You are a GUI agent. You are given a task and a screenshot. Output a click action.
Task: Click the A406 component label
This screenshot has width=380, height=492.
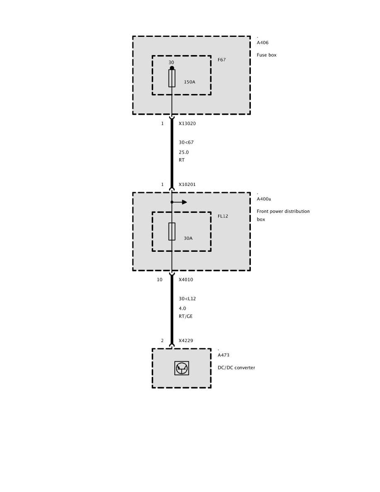263,43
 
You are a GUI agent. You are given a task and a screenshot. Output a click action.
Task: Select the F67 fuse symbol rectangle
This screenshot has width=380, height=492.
172,78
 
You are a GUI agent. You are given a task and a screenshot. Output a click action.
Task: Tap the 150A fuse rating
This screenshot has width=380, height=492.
190,82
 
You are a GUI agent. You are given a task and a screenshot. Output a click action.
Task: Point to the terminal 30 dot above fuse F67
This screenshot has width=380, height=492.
172,68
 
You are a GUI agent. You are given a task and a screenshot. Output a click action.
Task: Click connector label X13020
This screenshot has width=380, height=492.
187,123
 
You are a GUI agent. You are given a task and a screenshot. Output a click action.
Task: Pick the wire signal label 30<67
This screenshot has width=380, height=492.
186,142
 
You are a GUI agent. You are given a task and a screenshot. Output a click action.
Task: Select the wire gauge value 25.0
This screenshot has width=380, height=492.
184,152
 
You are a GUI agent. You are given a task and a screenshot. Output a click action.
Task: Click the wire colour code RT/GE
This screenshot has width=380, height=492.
185,316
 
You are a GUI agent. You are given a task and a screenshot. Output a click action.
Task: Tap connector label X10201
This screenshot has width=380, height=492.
187,185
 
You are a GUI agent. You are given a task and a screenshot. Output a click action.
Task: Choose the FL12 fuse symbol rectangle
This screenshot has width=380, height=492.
172,232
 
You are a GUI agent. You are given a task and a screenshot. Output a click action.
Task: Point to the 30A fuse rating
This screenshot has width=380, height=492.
188,238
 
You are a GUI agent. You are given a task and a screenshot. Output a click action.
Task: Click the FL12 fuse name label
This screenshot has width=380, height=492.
223,216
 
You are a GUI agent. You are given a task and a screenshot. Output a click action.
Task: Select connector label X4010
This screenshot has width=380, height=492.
186,280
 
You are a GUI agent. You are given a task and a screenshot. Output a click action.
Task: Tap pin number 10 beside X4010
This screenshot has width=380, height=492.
160,280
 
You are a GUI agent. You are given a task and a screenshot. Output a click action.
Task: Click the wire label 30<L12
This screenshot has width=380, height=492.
187,299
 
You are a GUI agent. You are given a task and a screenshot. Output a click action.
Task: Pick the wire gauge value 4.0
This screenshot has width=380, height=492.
183,309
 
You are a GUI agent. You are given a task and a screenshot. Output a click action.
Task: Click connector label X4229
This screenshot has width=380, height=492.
186,341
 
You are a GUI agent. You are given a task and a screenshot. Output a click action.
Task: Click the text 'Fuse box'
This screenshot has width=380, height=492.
267,55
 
